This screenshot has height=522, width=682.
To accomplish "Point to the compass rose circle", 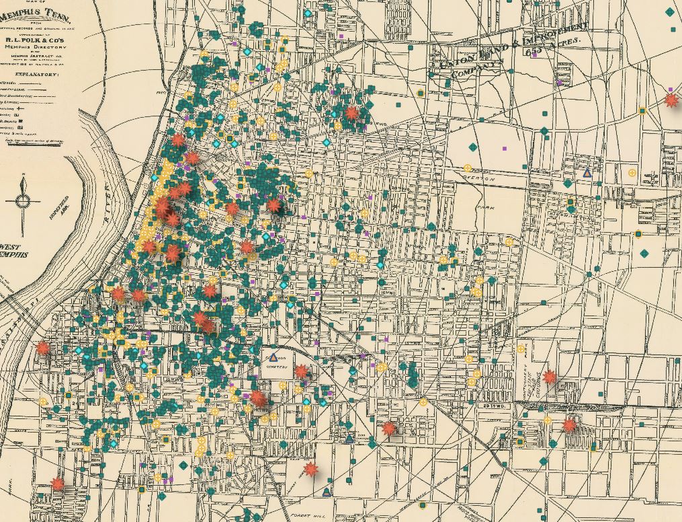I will click(23, 201).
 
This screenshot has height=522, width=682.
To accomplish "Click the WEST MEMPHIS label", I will click(15, 251).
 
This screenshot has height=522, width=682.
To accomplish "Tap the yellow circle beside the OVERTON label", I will click(468, 168).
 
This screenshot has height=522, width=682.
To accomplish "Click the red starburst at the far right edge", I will click(671, 100).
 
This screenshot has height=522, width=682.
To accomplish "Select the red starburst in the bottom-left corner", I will click(58, 483).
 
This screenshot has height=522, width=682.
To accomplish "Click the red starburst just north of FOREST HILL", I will click(310, 469).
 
